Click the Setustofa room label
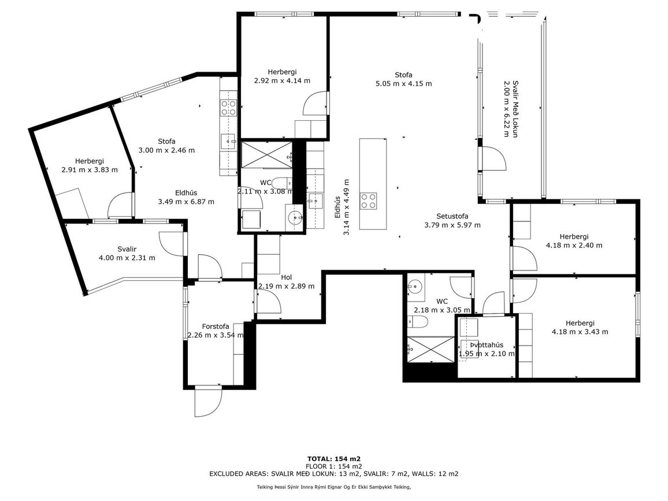click(x=452, y=216)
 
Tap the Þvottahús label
click(x=487, y=345)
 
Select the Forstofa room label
click(x=215, y=326)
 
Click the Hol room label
click(x=286, y=277)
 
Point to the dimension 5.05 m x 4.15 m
click(x=403, y=83)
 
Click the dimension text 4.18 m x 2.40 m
click(x=574, y=246)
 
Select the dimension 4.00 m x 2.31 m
click(x=127, y=258)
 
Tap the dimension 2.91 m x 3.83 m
click(x=90, y=169)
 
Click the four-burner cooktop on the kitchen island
click(x=369, y=201)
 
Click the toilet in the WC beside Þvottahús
click(x=417, y=322)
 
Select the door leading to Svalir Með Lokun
click(x=492, y=158)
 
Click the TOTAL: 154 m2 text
click(x=334, y=459)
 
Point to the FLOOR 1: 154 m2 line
click(x=334, y=466)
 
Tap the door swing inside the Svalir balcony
click(x=172, y=244)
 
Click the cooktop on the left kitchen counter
click(x=228, y=107)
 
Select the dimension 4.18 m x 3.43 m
click(x=580, y=332)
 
